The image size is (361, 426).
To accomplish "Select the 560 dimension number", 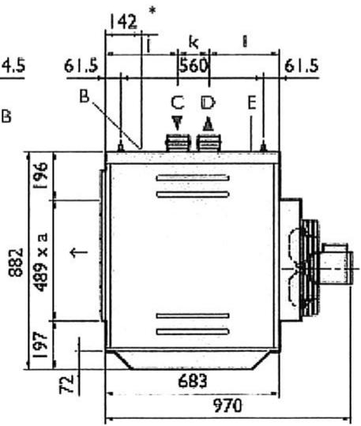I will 192,65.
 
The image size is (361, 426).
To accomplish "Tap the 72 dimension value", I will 70,387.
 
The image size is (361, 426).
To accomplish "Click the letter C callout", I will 177,103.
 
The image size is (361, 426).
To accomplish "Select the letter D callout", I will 207,103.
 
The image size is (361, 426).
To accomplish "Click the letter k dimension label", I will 192,39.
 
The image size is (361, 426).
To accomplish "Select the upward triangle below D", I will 207,124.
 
